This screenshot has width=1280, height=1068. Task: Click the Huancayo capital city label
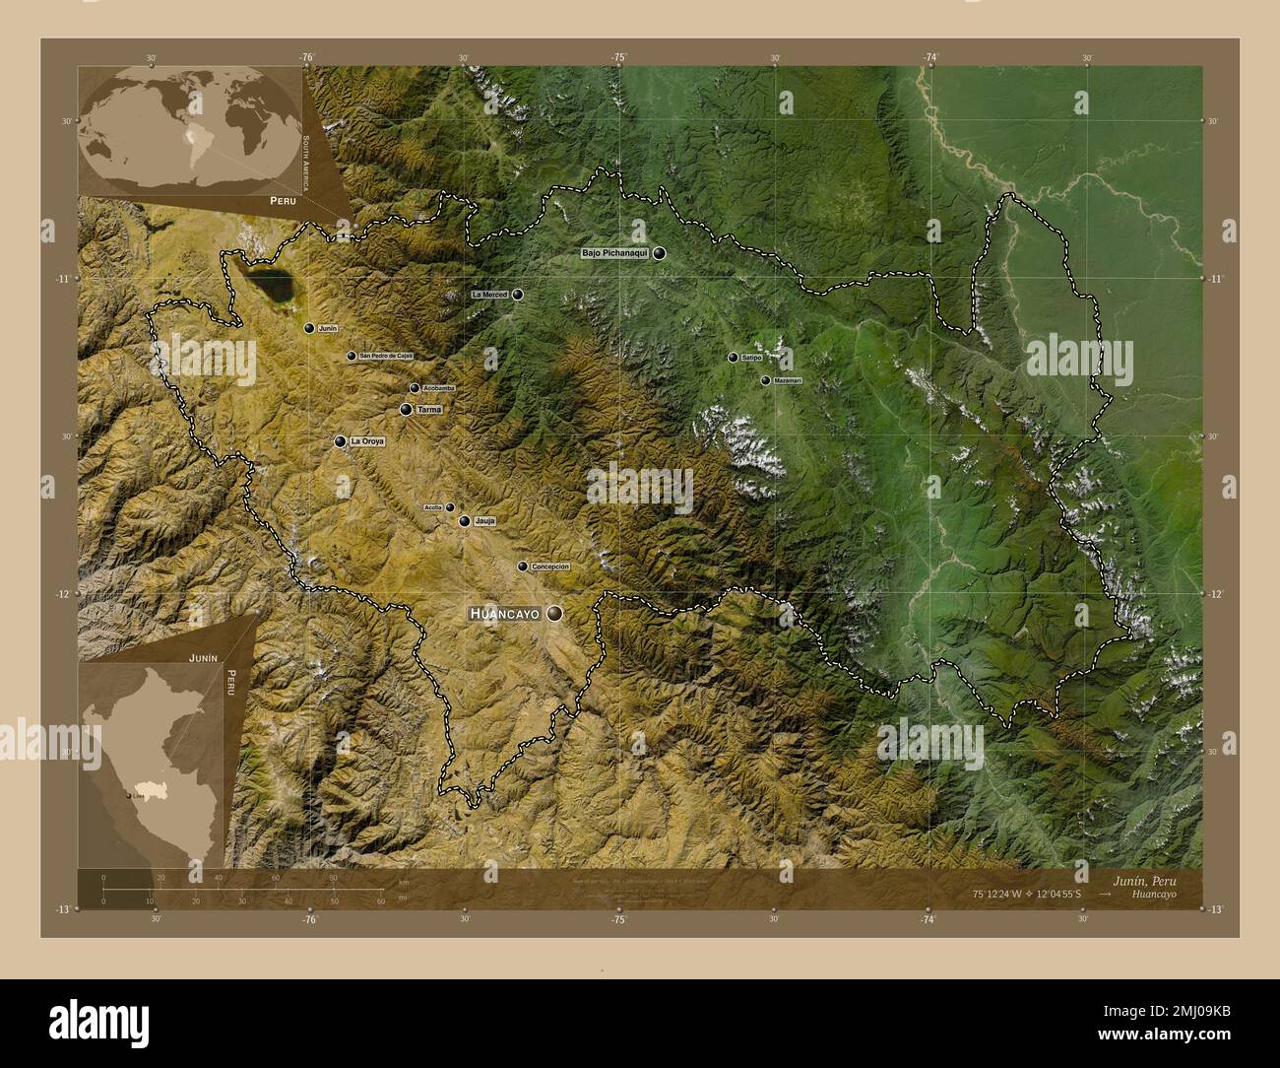[x=505, y=613]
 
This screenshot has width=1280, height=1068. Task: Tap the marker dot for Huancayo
[x=556, y=613]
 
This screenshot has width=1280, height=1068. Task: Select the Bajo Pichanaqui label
[x=615, y=253]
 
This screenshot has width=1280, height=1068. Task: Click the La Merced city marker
[x=518, y=294]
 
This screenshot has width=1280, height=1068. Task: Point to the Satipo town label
[x=752, y=358]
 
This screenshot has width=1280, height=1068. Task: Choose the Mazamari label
[x=788, y=380]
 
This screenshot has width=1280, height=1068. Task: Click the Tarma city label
[x=430, y=409]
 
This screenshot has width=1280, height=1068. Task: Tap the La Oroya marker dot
[x=341, y=441]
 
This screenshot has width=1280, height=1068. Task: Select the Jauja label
[x=483, y=521]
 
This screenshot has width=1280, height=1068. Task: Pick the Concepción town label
[x=550, y=567]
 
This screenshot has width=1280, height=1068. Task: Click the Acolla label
[x=433, y=507]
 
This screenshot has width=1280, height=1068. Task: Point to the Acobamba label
[x=438, y=388]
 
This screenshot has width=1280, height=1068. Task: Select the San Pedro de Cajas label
[x=386, y=356]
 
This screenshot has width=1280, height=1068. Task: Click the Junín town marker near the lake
[x=309, y=328]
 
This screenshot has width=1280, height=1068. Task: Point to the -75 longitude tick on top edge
[x=618, y=58]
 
